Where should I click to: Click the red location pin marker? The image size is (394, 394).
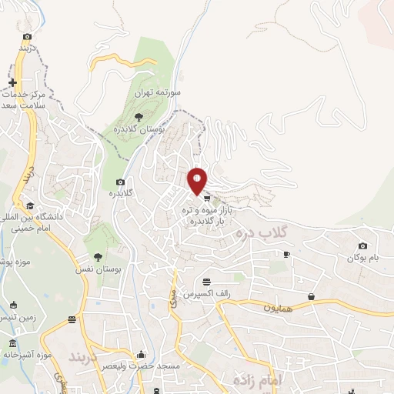198,180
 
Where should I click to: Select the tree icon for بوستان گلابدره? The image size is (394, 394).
139,116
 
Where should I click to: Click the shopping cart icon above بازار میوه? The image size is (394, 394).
206,198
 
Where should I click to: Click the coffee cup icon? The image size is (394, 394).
286,254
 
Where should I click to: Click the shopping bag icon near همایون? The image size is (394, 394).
311,296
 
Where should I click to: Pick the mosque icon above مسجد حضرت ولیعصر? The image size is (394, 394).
141,356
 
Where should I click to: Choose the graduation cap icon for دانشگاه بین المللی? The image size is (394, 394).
30,205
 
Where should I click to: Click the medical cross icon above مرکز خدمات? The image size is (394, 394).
12,82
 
